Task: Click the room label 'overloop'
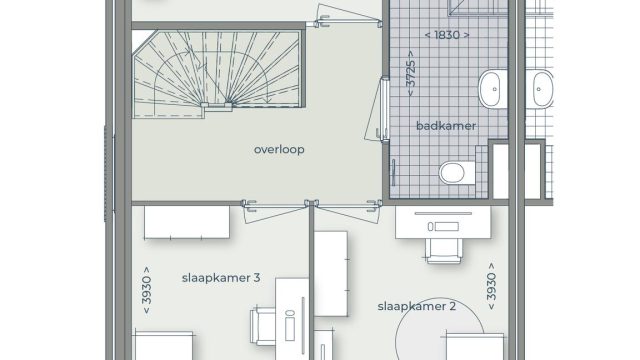[x=279, y=149]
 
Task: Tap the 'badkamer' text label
[x=446, y=126]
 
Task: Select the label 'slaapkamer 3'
[x=221, y=278]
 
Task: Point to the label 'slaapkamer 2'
[x=416, y=306]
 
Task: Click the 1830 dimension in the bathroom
[x=447, y=35]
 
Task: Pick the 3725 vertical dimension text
[x=411, y=73]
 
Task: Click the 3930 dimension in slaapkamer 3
[x=146, y=291]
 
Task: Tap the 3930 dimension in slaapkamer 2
[x=491, y=287]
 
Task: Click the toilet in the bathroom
[x=457, y=173]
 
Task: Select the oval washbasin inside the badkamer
[x=493, y=89]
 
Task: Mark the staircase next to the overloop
[x=218, y=73]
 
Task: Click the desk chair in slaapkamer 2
[x=444, y=250]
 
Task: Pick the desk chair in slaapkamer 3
[x=263, y=327]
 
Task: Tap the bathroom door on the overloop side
[x=378, y=109]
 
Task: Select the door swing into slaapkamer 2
[x=348, y=211]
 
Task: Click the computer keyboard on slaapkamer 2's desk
[x=443, y=226]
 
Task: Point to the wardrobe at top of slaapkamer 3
[x=187, y=222]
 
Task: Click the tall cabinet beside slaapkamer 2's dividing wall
[x=331, y=273]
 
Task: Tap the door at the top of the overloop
[x=347, y=16]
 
